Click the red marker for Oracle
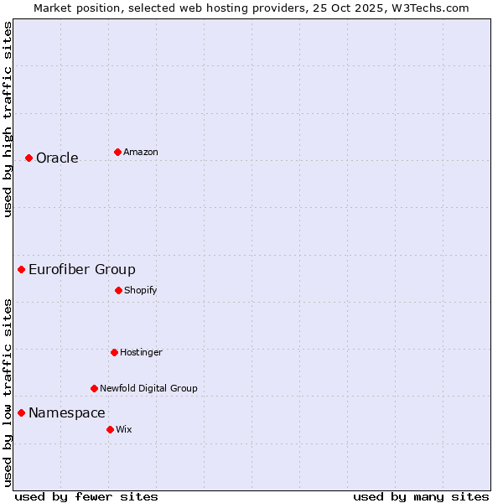click(29, 158)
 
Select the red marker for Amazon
click(117, 152)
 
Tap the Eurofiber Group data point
click(21, 269)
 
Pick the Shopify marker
click(118, 290)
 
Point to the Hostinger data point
click(114, 352)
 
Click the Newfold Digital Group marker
click(94, 388)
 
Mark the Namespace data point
click(21, 412)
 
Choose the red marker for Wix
click(110, 429)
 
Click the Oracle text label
click(57, 158)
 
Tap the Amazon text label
click(141, 152)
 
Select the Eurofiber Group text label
click(82, 269)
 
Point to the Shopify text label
click(141, 290)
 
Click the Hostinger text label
click(141, 352)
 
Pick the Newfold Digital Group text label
click(148, 388)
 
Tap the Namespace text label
click(67, 412)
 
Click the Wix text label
click(124, 429)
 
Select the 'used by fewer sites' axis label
click(86, 496)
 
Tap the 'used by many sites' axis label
click(421, 496)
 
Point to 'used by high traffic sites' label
click(8, 119)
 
